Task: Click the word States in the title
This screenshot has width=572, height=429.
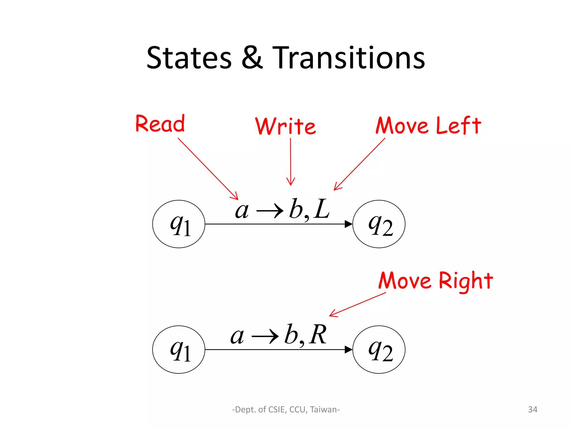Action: pyautogui.click(x=189, y=58)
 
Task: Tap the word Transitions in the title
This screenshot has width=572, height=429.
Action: pyautogui.click(x=348, y=58)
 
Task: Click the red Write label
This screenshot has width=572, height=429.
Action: pyautogui.click(x=285, y=126)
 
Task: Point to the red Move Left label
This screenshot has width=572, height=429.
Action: pyautogui.click(x=428, y=126)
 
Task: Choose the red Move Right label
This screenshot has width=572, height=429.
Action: pyautogui.click(x=436, y=281)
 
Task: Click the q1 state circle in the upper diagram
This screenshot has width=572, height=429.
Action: pyautogui.click(x=179, y=224)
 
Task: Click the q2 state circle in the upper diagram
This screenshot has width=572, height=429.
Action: pyautogui.click(x=379, y=224)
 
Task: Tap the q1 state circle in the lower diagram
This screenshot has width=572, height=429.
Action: pyautogui.click(x=179, y=349)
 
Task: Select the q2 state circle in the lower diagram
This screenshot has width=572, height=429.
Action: pyautogui.click(x=379, y=349)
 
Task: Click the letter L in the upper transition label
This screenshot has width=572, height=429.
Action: pyautogui.click(x=322, y=209)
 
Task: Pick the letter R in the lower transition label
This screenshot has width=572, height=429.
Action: pyautogui.click(x=318, y=335)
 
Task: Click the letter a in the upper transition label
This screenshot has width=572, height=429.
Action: pyautogui.click(x=242, y=211)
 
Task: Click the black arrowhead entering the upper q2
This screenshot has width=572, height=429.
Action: pyautogui.click(x=348, y=224)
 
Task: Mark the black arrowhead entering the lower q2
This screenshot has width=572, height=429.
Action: pyautogui.click(x=348, y=349)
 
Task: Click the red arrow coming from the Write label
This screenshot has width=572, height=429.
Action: pyautogui.click(x=290, y=162)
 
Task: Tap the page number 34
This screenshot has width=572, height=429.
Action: pyautogui.click(x=533, y=409)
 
